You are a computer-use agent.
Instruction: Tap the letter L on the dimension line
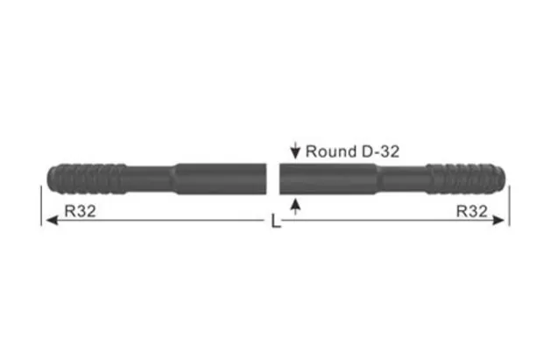point(276,223)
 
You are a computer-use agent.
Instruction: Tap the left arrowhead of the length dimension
point(50,221)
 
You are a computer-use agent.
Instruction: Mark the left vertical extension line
point(41,204)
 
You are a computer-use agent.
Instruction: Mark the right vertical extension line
point(509,204)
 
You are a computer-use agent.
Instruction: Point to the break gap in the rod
point(272,178)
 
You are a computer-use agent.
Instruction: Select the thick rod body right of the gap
point(328,178)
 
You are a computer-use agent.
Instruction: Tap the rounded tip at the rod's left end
point(46,178)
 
